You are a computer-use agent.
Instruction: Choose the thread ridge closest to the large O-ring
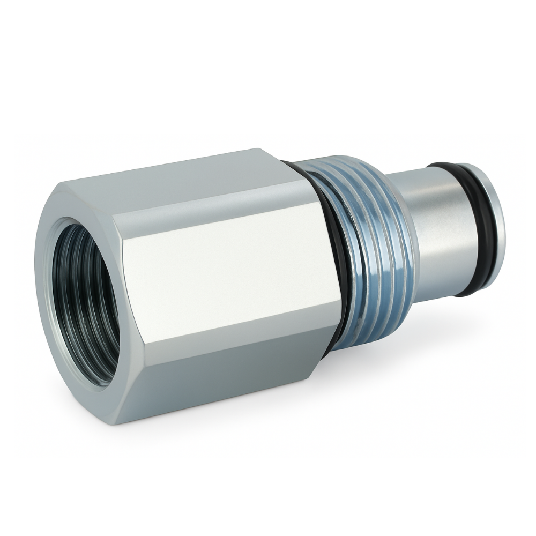[343, 257]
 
